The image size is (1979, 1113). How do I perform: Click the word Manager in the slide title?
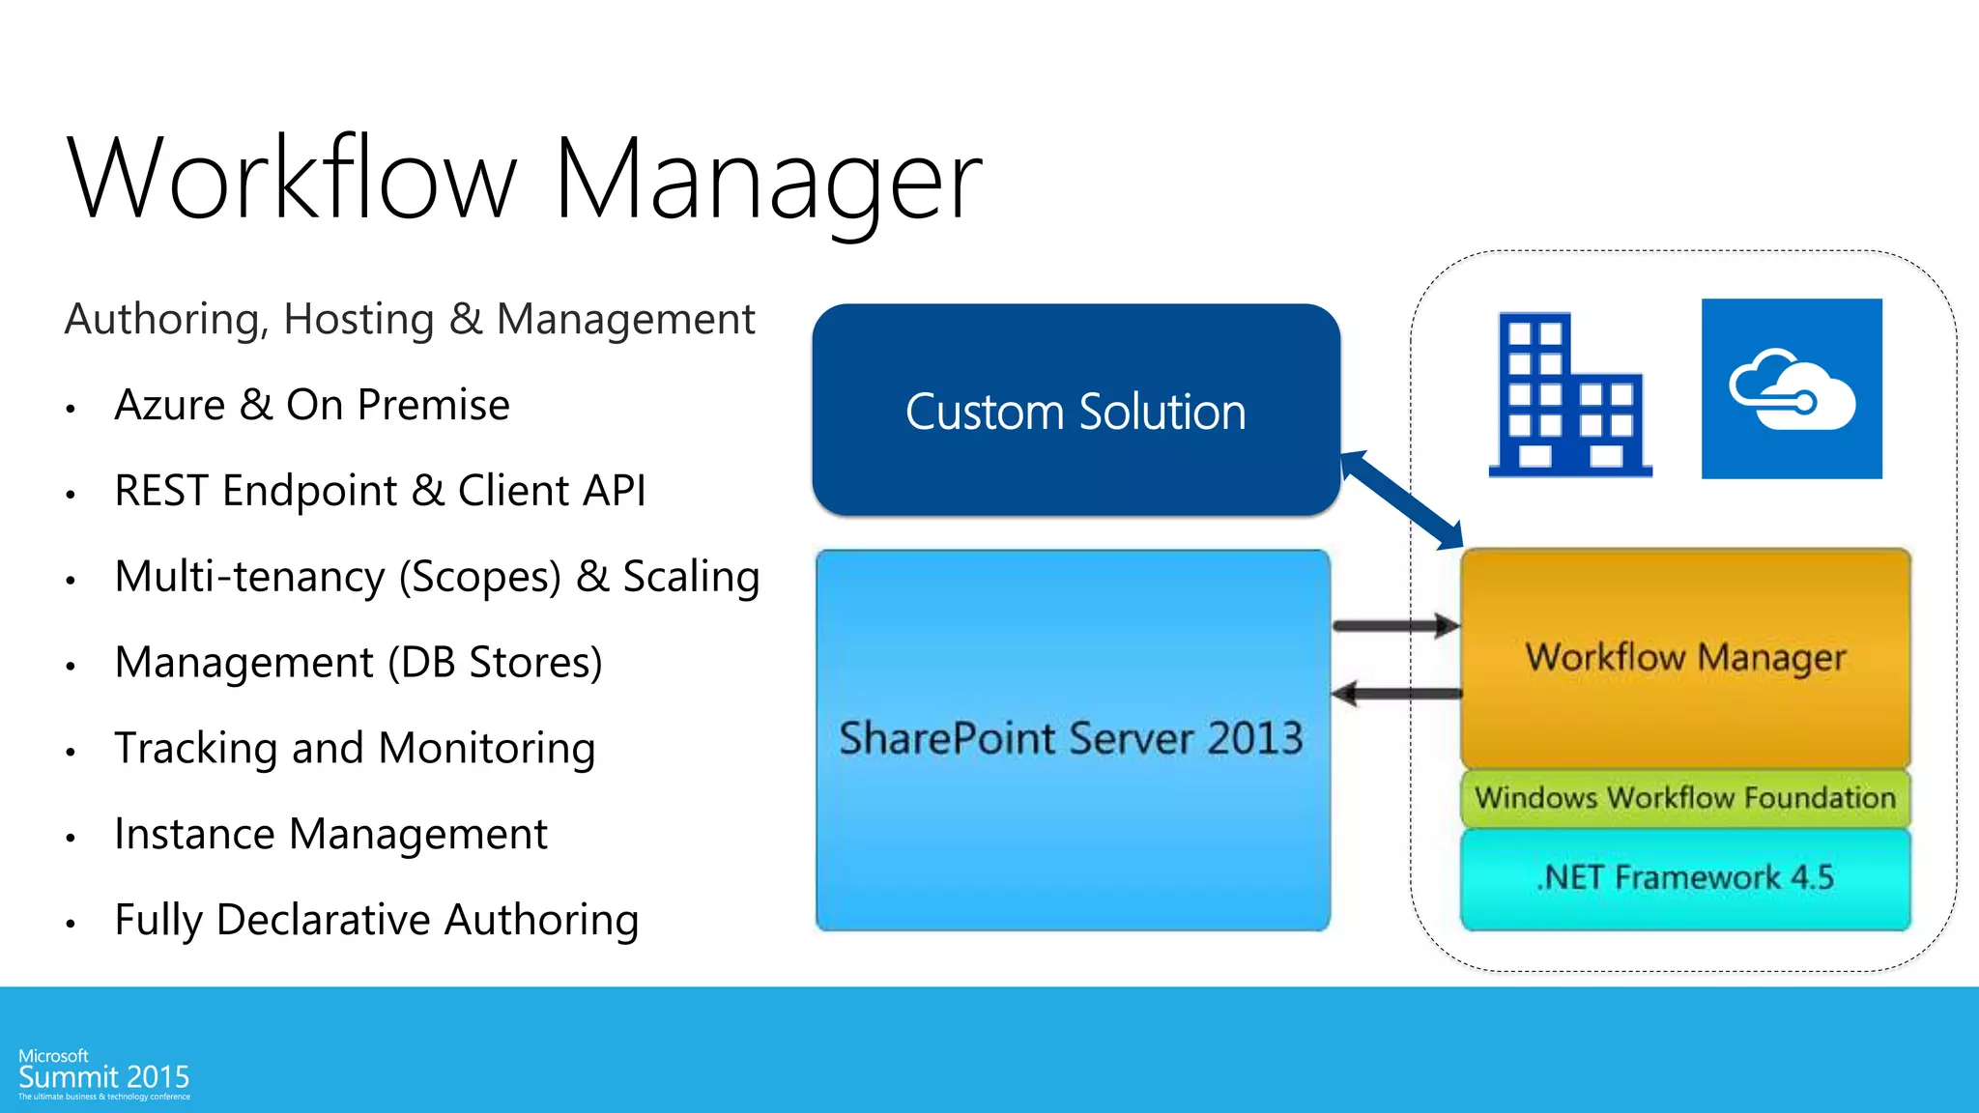768,181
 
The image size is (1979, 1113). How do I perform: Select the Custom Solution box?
1076,411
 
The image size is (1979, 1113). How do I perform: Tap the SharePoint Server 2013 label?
1071,739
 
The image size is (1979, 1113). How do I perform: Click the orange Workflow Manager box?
1685,657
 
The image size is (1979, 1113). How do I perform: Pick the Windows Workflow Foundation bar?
1685,798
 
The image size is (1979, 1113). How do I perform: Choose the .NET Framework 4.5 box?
1685,877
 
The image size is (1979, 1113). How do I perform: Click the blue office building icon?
1568,396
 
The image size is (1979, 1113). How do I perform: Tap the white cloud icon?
1792,389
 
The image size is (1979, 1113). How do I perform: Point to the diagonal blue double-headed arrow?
1402,499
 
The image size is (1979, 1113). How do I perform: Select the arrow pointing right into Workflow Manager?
1395,626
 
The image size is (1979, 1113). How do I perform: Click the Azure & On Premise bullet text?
311,405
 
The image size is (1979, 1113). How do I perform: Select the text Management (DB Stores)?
358,663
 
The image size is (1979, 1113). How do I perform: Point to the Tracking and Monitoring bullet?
354,749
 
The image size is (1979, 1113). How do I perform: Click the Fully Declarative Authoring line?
376,920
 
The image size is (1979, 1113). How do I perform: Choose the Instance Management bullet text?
330,835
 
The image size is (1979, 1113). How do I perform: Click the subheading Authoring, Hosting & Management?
409,320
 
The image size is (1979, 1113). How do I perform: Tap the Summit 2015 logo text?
103,1077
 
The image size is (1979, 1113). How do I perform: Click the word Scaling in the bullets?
690,577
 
